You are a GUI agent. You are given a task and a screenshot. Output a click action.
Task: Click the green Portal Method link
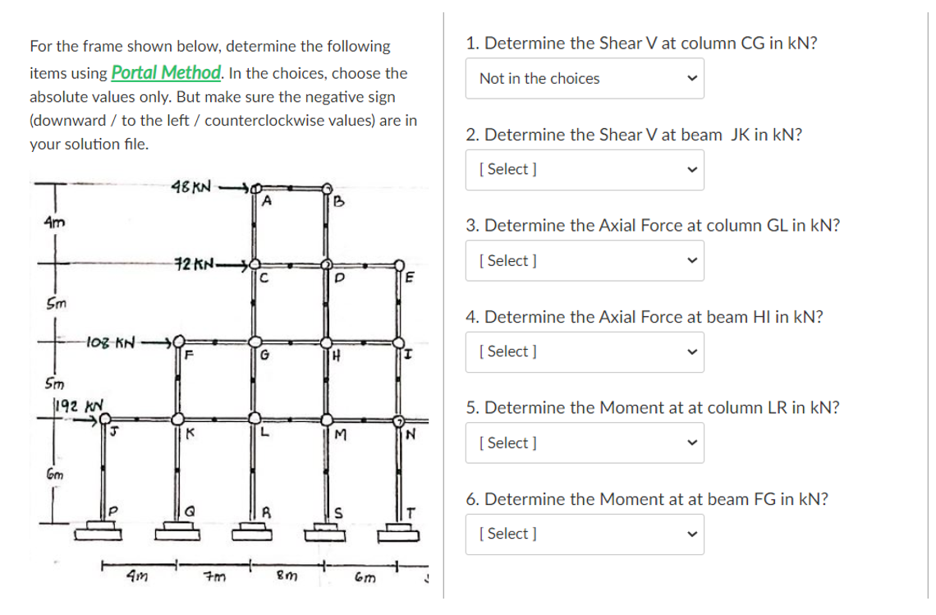tap(165, 72)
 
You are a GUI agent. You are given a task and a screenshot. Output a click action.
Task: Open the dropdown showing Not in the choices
tap(585, 79)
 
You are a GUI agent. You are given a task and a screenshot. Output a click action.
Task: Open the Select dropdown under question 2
tap(585, 169)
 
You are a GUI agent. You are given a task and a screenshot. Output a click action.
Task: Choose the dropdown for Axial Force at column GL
tap(585, 260)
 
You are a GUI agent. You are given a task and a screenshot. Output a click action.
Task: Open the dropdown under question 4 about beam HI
tap(585, 351)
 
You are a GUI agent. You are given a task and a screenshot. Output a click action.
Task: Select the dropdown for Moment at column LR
tap(585, 443)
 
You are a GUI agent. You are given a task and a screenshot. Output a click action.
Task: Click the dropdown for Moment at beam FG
tap(585, 534)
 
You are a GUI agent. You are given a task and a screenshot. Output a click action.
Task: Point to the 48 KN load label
tap(193, 187)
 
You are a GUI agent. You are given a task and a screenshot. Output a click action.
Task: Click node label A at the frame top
tap(267, 201)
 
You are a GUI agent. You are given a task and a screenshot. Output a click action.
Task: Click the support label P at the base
tap(114, 512)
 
